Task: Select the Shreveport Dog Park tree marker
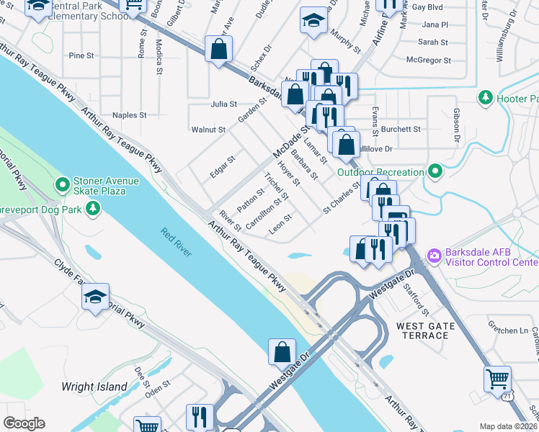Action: click(x=92, y=209)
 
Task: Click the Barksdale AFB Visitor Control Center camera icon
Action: click(x=434, y=255)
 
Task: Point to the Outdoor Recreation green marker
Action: click(x=435, y=171)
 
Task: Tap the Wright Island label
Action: click(x=94, y=387)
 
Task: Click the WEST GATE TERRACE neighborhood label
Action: click(x=426, y=331)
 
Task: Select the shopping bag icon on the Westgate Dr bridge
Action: click(x=282, y=353)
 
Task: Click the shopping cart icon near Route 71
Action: click(x=497, y=378)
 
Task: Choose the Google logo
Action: click(x=24, y=423)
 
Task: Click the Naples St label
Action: click(x=130, y=115)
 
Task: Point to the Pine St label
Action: click(x=81, y=55)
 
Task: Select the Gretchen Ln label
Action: click(x=508, y=330)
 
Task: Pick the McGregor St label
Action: click(x=429, y=61)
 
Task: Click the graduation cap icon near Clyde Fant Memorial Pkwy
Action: click(x=96, y=297)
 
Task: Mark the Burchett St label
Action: click(x=401, y=130)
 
